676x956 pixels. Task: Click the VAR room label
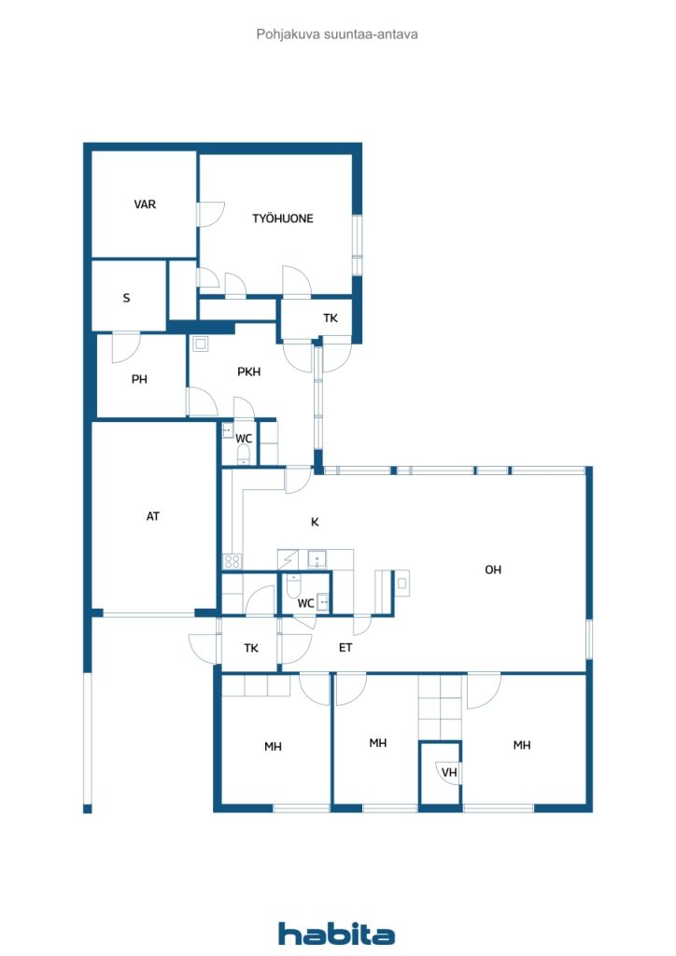tap(145, 204)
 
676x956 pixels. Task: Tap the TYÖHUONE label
tap(283, 218)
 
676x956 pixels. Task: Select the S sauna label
tap(126, 298)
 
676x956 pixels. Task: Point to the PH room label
tap(139, 379)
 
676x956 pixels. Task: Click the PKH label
tap(248, 372)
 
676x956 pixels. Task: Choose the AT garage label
tap(152, 516)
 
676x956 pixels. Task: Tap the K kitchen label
tap(315, 522)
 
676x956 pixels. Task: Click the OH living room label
tap(492, 569)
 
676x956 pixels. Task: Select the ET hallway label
tap(345, 648)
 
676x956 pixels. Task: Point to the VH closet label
tap(449, 772)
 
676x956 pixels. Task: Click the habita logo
tap(336, 934)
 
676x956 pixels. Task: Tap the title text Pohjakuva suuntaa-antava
tap(337, 35)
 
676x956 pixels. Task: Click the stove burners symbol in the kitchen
tap(232, 561)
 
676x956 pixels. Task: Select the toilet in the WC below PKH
tap(243, 455)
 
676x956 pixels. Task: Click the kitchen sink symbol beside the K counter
tap(317, 558)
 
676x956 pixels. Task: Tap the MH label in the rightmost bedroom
tap(522, 745)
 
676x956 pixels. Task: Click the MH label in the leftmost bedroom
tap(273, 746)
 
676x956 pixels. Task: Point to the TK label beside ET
tap(251, 648)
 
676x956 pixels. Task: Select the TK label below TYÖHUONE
tap(331, 318)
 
